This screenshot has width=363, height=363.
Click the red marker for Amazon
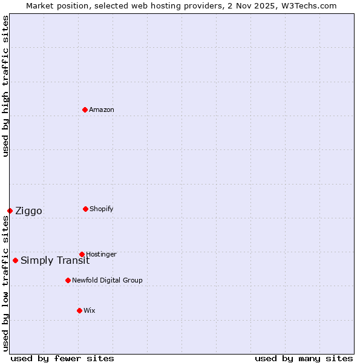pyautogui.click(x=85, y=110)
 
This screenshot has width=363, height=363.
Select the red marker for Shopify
pyautogui.click(x=85, y=209)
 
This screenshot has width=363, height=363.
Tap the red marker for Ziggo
pyautogui.click(x=10, y=211)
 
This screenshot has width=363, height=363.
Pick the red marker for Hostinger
pyautogui.click(x=82, y=254)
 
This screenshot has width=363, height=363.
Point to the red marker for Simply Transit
pyautogui.click(x=15, y=260)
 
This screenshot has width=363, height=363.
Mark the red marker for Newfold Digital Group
pyautogui.click(x=68, y=280)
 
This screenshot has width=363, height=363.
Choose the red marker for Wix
pyautogui.click(x=79, y=310)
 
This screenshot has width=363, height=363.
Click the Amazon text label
pyautogui.click(x=102, y=110)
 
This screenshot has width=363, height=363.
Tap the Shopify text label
pyautogui.click(x=102, y=209)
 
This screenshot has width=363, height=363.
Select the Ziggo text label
pyautogui.click(x=28, y=211)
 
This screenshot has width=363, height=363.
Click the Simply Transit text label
pyautogui.click(x=55, y=260)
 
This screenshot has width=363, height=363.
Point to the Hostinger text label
pyautogui.click(x=101, y=254)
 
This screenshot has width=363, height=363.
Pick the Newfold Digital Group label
pyautogui.click(x=107, y=280)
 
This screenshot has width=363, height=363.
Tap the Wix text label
pyautogui.click(x=90, y=310)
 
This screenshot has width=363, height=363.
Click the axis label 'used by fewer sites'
pyautogui.click(x=62, y=358)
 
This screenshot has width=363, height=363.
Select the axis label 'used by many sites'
pyautogui.click(x=304, y=358)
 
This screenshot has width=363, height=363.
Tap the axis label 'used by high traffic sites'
pyautogui.click(x=5, y=86)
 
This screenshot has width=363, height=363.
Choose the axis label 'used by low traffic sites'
pyautogui.click(x=5, y=283)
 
